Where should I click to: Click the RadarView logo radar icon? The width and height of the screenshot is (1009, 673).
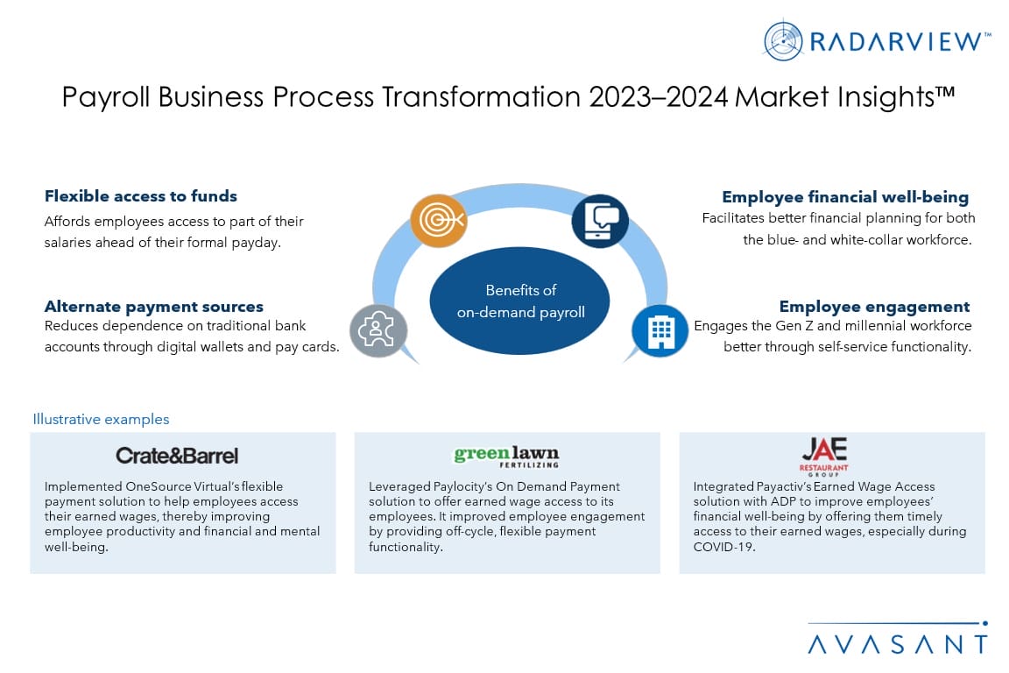tap(783, 40)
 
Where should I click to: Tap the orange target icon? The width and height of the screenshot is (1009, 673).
tap(439, 220)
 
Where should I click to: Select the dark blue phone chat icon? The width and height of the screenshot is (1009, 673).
tap(600, 221)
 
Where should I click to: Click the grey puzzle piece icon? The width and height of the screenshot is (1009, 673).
tap(378, 330)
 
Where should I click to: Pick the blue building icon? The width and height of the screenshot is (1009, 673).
tap(660, 330)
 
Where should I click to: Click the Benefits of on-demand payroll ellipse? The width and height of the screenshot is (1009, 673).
tap(520, 301)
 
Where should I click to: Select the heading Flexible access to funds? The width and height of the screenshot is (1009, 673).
tap(140, 195)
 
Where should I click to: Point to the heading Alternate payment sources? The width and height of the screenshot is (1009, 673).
tap(154, 307)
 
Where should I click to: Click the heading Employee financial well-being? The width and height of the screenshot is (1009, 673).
tap(845, 197)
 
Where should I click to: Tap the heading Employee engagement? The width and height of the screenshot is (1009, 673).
tap(874, 307)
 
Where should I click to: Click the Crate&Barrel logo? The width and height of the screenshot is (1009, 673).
tap(177, 456)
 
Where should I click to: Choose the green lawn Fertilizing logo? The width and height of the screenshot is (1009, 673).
tap(506, 456)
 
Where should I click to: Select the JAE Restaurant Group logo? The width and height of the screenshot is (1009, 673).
tap(823, 456)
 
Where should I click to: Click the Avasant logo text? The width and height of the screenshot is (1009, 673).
tap(898, 644)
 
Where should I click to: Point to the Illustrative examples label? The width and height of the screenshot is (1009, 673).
tap(101, 419)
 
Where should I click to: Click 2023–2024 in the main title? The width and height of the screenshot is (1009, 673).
tap(659, 97)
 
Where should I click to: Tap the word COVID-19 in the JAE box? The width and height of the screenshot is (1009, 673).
tap(724, 547)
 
